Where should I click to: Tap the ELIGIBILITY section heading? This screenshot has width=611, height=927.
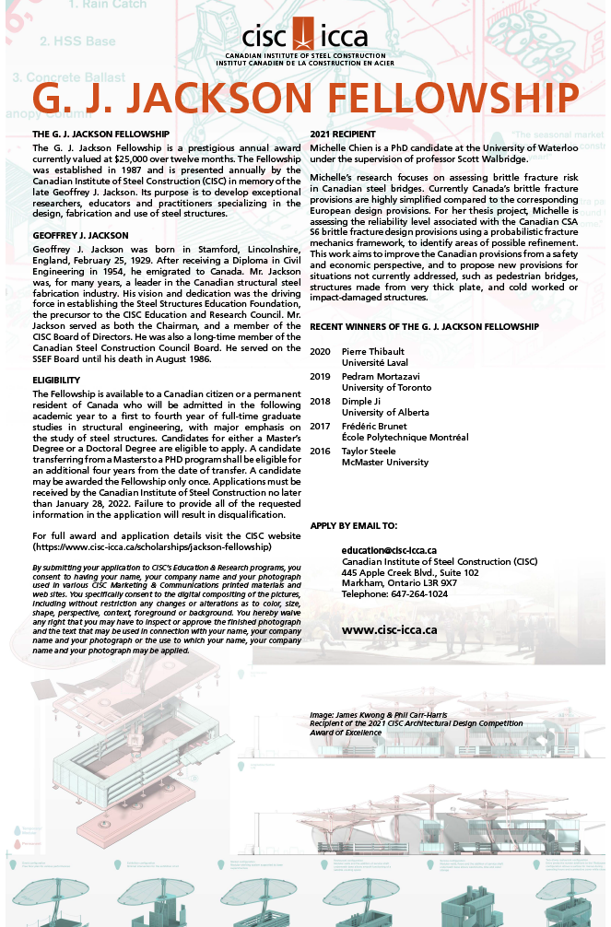(x=57, y=380)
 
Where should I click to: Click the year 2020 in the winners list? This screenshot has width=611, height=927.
(x=321, y=352)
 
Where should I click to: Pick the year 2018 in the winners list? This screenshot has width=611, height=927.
(x=321, y=402)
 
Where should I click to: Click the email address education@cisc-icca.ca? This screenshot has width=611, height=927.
(x=389, y=550)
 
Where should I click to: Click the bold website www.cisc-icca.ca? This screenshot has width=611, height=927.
(x=389, y=630)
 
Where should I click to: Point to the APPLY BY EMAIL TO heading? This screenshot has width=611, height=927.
(x=354, y=525)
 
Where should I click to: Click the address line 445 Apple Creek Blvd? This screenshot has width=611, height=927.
(x=410, y=572)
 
